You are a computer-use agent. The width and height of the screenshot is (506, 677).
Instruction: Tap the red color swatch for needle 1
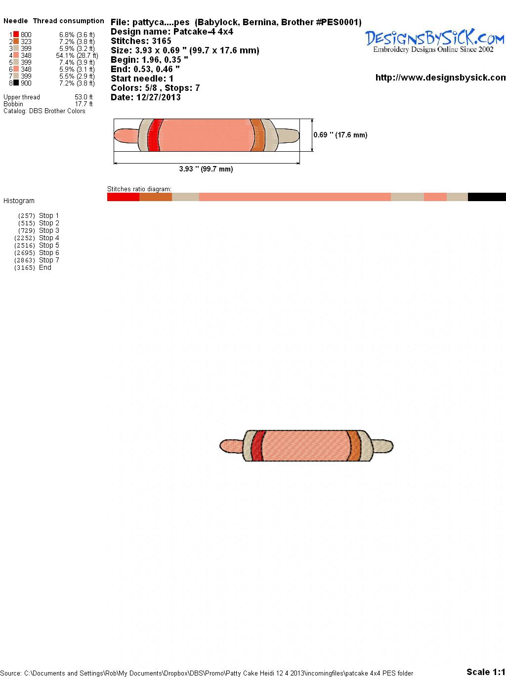[16, 34]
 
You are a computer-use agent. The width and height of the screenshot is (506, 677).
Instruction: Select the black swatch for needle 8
[16, 83]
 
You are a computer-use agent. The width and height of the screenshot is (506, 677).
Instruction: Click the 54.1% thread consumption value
[77, 55]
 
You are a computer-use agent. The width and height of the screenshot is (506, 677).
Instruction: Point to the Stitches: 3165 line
[141, 41]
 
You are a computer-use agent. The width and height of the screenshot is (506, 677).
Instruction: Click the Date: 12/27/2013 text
[146, 97]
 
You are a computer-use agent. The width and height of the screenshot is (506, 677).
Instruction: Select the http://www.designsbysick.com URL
[441, 78]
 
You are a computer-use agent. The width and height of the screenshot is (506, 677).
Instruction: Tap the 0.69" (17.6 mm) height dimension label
[340, 135]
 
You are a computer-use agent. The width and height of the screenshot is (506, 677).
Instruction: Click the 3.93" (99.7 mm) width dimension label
[206, 169]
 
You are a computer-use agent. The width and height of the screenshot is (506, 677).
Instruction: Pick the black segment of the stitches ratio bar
[487, 197]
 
